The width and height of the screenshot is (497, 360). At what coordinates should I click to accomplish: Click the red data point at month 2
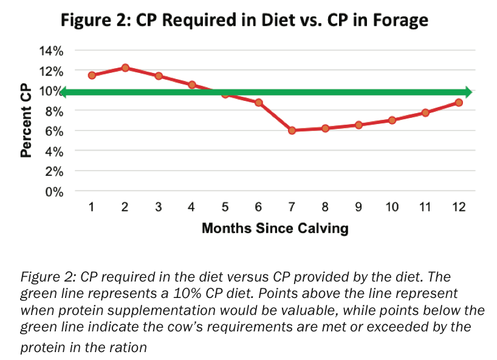click(x=125, y=67)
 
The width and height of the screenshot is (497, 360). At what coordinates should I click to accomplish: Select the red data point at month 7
click(x=292, y=130)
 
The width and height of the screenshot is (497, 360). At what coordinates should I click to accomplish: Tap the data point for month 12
click(x=459, y=102)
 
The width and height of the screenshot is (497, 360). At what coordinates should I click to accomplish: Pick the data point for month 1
click(x=92, y=75)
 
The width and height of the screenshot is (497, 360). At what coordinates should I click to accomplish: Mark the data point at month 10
click(x=392, y=120)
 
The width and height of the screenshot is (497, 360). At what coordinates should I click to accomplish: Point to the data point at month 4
click(x=192, y=85)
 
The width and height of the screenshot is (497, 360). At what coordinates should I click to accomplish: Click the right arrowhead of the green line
click(x=468, y=92)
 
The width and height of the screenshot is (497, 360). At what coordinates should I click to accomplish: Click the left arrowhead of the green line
click(x=63, y=92)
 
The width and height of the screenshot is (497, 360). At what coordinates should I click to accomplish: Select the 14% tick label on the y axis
click(x=51, y=51)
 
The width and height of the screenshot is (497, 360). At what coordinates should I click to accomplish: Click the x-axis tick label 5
click(x=225, y=208)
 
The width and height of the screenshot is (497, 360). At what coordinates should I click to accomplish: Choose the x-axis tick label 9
click(x=358, y=208)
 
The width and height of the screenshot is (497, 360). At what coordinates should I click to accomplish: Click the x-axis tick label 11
click(x=425, y=208)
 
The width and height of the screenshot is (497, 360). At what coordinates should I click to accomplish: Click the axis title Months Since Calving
click(x=275, y=229)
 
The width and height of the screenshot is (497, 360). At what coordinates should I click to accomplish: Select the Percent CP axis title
click(x=26, y=122)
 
